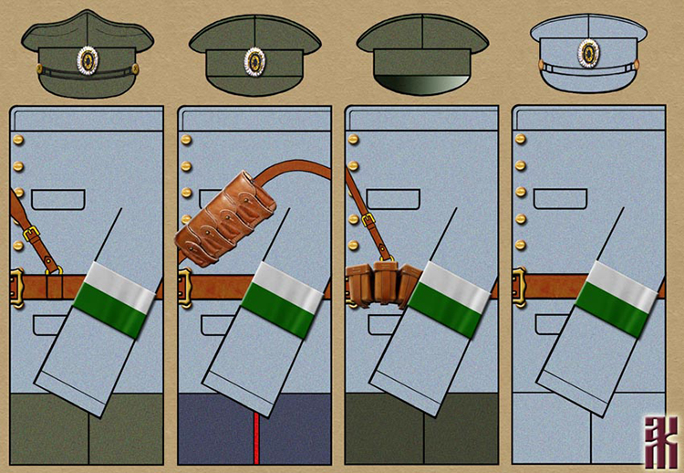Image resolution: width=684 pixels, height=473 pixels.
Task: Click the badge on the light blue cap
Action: point(589,52)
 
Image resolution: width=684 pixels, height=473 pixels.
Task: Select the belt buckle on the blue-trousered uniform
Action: point(185,286)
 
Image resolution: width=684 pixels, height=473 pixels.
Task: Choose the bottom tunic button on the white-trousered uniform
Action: point(521,245)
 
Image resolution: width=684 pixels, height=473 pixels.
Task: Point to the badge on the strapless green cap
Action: point(254,60)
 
